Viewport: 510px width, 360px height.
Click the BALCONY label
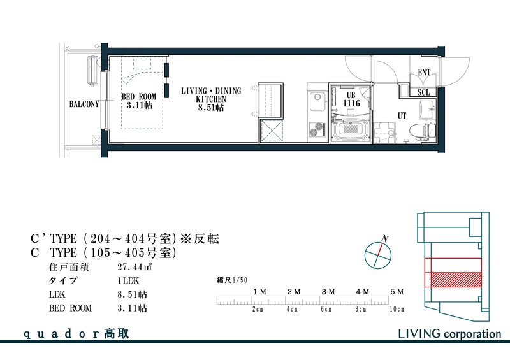[x=84, y=104]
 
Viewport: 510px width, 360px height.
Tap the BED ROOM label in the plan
[x=138, y=101]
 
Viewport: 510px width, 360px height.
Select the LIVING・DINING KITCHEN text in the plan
[x=211, y=99]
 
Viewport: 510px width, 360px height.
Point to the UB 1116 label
[x=350, y=98]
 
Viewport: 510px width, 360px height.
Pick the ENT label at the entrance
[x=424, y=73]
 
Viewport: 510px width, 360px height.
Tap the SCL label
[x=424, y=92]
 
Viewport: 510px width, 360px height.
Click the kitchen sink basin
[x=317, y=102]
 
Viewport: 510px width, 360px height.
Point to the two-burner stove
[x=316, y=129]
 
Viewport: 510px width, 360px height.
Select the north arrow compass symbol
[x=377, y=255]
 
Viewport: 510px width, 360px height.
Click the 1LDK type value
[x=127, y=281]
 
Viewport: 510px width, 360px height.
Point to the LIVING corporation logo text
[x=449, y=333]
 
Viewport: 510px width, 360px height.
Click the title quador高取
[x=76, y=334]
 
